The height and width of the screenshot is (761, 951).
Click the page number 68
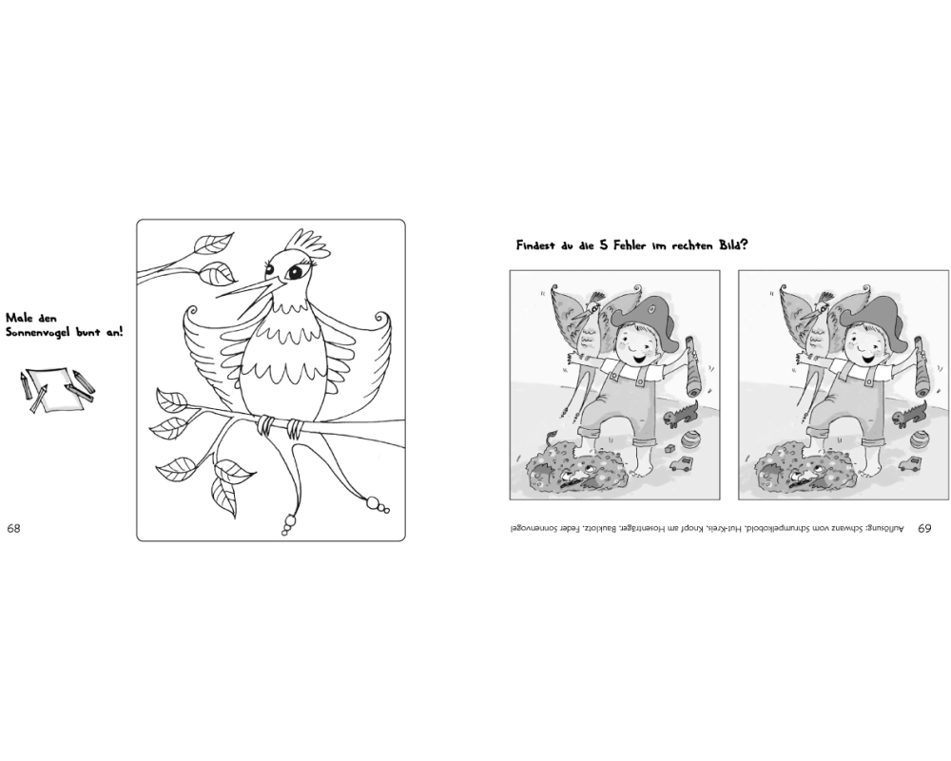click(13, 528)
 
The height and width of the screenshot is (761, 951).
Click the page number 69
click(923, 529)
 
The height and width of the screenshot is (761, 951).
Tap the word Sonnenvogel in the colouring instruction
click(38, 333)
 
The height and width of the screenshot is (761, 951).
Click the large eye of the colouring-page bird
click(295, 272)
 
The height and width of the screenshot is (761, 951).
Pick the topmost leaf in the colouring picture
click(212, 243)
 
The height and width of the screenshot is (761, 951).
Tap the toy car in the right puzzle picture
click(908, 464)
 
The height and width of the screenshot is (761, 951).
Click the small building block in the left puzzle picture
click(670, 448)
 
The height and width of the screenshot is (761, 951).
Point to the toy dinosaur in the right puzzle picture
click(908, 416)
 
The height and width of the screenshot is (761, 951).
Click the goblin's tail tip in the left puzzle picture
click(552, 434)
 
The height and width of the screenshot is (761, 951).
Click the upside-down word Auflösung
click(885, 530)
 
